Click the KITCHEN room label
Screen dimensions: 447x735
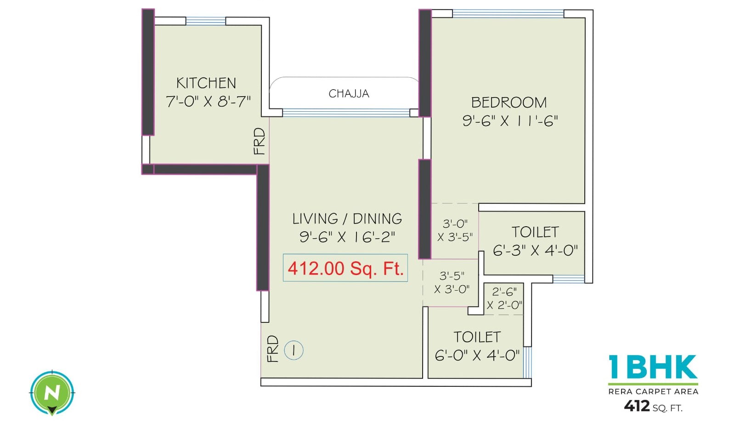click(206, 83)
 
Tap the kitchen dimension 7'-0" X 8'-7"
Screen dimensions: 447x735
click(208, 101)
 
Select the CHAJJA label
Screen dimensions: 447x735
click(349, 94)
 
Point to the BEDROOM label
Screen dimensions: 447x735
click(509, 102)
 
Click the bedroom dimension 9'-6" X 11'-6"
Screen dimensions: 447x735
click(510, 121)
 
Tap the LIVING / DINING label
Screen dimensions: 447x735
click(347, 218)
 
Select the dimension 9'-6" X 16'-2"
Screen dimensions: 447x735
click(347, 237)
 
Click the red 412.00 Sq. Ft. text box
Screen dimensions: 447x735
click(345, 268)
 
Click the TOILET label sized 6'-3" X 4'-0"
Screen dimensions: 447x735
click(535, 232)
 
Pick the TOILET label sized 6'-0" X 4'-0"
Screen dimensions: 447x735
click(477, 337)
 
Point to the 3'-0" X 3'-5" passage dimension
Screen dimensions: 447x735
click(455, 230)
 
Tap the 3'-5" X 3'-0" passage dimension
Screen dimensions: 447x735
click(452, 282)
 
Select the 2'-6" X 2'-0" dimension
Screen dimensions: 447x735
click(504, 298)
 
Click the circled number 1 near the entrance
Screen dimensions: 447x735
click(294, 350)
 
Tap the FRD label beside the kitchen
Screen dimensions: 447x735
click(260, 141)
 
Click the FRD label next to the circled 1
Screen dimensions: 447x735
click(273, 349)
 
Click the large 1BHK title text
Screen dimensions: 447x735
click(653, 367)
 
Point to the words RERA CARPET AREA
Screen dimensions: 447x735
click(653, 392)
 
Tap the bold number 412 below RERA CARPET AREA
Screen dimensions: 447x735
click(637, 406)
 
